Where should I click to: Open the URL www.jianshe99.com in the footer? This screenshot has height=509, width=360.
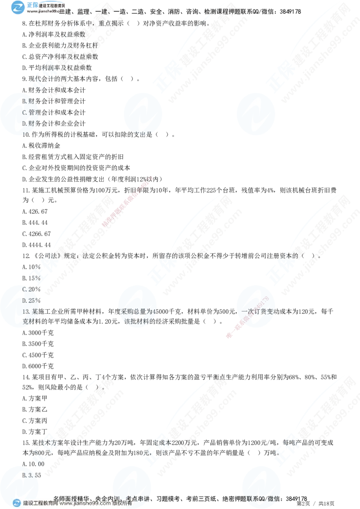pos(79,504)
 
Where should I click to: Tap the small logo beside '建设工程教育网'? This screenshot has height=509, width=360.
pos(17,503)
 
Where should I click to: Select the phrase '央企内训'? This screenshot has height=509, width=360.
pos(106,498)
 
